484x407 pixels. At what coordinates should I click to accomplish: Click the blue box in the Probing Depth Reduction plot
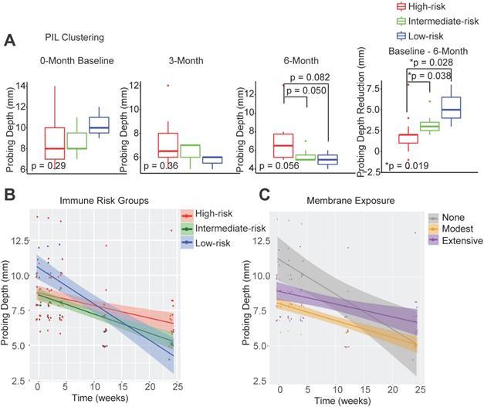pyautogui.click(x=428, y=108)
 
